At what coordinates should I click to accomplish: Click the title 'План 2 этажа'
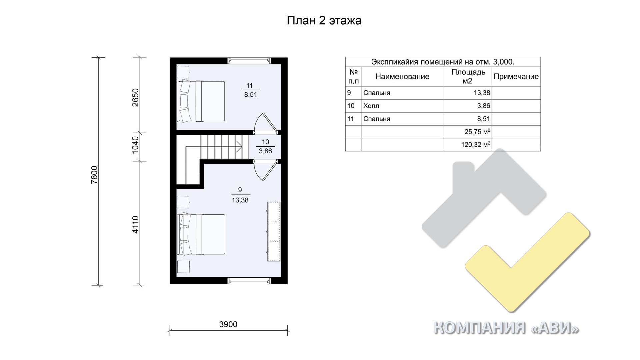coord(324,21)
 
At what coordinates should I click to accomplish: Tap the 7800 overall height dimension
coord(95,175)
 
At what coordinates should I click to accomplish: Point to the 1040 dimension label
coord(135,145)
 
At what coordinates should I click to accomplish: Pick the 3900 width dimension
coord(228,324)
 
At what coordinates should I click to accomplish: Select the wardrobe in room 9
coord(274,232)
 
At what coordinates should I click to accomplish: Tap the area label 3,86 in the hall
coord(265,151)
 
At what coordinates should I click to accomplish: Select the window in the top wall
coord(249,61)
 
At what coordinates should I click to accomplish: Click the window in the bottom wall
coord(249,281)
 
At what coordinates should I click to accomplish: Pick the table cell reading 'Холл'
coord(371,106)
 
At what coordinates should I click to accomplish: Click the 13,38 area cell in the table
coord(482,93)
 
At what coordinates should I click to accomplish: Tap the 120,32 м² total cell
coord(476,145)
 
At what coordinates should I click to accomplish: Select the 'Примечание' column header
coord(516,77)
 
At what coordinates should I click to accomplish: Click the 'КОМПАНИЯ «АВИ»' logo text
coord(506,328)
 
